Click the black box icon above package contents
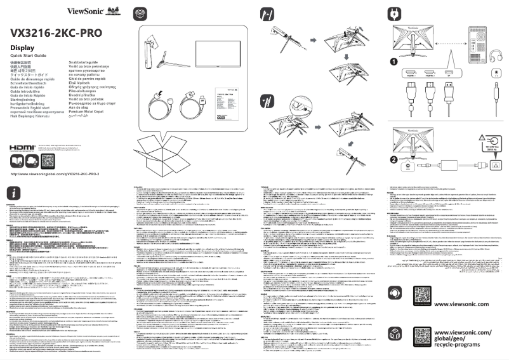pos(140,13)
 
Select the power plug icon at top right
pos(394,13)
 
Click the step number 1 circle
pos(393,62)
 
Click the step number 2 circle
pos(393,159)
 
